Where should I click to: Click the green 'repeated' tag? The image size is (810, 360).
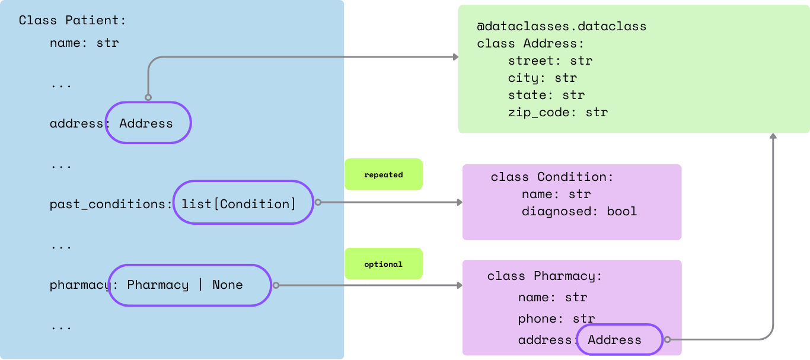point(383,174)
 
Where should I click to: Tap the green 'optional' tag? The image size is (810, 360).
point(383,264)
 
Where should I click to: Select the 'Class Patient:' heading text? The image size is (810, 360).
point(72,20)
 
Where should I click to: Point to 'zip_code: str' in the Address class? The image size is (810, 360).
point(557,112)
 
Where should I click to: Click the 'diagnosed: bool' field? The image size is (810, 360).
point(579,211)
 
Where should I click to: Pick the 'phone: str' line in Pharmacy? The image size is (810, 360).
point(556,319)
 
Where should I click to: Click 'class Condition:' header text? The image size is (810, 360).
point(551,177)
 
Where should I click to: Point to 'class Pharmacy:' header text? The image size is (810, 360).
point(544,276)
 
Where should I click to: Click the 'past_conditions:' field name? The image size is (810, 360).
point(110,204)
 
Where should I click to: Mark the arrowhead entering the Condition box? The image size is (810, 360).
point(460,203)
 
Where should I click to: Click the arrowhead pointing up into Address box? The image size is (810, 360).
point(773,136)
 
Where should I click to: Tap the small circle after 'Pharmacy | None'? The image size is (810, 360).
point(276,285)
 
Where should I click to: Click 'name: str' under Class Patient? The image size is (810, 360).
point(84,43)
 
